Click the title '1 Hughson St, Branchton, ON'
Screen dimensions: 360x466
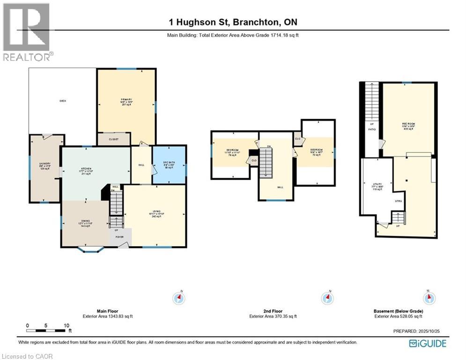tap(233, 22)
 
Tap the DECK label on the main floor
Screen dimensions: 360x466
tap(62, 101)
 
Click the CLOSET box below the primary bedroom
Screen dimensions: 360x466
tap(114, 139)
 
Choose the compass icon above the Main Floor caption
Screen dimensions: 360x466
tap(178, 298)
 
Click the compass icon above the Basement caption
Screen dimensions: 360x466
tap(428, 298)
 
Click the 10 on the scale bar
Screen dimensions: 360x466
tap(66, 325)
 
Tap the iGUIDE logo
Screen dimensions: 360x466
tap(427, 344)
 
